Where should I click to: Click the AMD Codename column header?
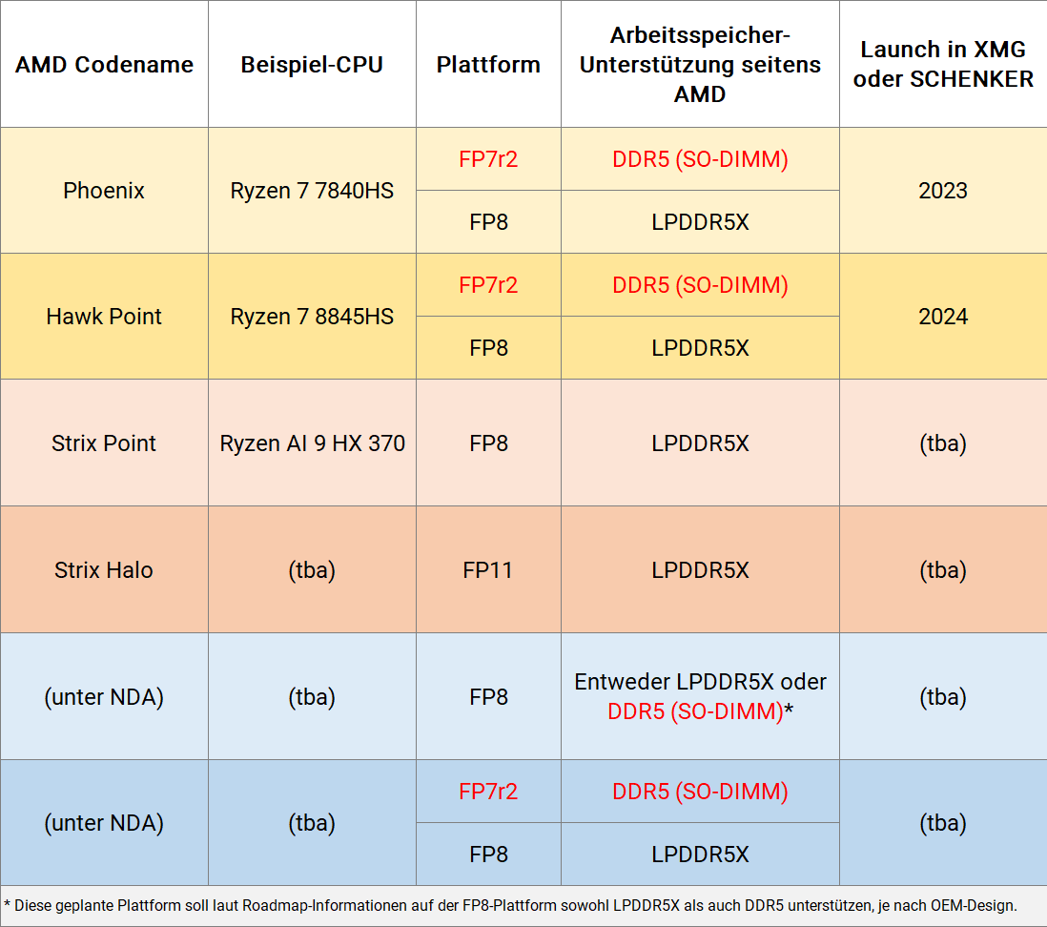coord(104,65)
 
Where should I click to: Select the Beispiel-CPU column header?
coord(312,65)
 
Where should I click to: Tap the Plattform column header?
coord(488,65)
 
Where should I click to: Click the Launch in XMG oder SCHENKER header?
coord(943,64)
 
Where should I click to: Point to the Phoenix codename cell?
coord(104,191)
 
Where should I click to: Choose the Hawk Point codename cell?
coord(104,317)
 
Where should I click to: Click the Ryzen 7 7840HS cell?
coord(312,191)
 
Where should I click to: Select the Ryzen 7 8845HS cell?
coord(312,317)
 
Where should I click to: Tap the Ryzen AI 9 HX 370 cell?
coord(312,443)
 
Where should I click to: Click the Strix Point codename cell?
coord(104,443)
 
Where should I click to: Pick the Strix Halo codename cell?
coord(104,570)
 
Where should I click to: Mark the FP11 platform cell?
coord(488,570)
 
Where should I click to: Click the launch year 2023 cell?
coord(943,191)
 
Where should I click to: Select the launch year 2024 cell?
coord(943,317)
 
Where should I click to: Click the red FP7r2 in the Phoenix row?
coord(488,159)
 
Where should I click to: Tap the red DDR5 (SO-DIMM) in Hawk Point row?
coord(700,285)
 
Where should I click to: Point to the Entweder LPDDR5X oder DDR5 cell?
coord(700,696)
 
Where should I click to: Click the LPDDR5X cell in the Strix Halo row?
coord(700,570)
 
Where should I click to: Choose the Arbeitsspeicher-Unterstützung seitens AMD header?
coord(700,65)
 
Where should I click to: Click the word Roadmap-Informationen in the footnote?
coord(323,904)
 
